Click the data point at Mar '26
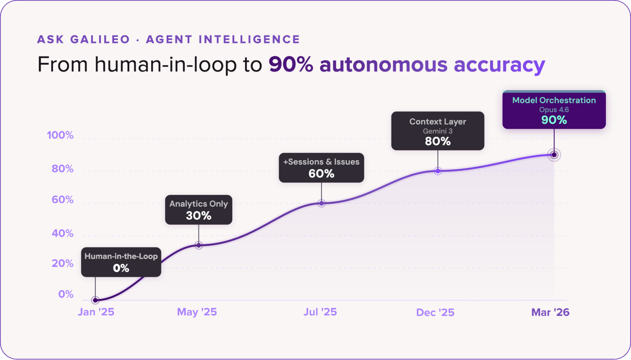(x=554, y=155)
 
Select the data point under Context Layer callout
(x=438, y=171)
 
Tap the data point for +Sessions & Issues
(x=321, y=203)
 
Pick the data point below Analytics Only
(x=199, y=245)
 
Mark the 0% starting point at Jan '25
(x=95, y=300)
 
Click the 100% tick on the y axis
(x=60, y=135)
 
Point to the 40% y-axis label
(x=63, y=233)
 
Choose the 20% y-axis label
(x=63, y=263)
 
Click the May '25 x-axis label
(x=197, y=312)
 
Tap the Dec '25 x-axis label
(x=435, y=312)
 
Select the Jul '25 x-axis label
(x=320, y=312)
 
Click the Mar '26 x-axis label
(x=550, y=312)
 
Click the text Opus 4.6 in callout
(x=554, y=110)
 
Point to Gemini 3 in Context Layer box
(x=438, y=131)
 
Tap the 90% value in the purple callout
(x=554, y=120)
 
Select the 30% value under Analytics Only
(x=199, y=216)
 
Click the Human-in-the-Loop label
(x=121, y=256)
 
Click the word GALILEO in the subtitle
(x=100, y=39)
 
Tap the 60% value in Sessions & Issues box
(x=321, y=174)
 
